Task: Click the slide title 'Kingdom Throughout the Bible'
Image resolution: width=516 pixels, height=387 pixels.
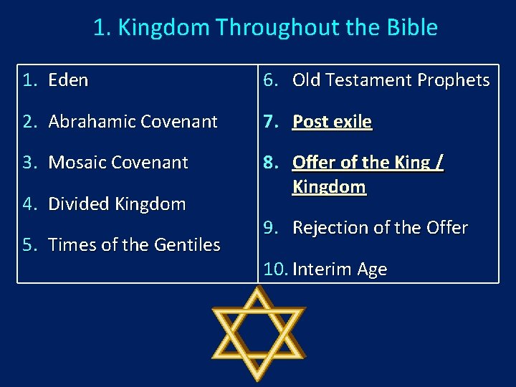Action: [265, 28]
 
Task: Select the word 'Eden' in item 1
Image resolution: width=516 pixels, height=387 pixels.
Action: [68, 80]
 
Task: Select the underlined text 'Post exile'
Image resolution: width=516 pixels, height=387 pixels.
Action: [332, 122]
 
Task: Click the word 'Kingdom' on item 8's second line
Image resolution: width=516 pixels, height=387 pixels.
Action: [329, 187]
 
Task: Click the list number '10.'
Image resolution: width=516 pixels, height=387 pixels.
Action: [275, 269]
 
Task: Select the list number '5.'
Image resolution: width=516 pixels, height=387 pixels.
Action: [29, 245]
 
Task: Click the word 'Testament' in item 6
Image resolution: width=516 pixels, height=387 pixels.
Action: [369, 80]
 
